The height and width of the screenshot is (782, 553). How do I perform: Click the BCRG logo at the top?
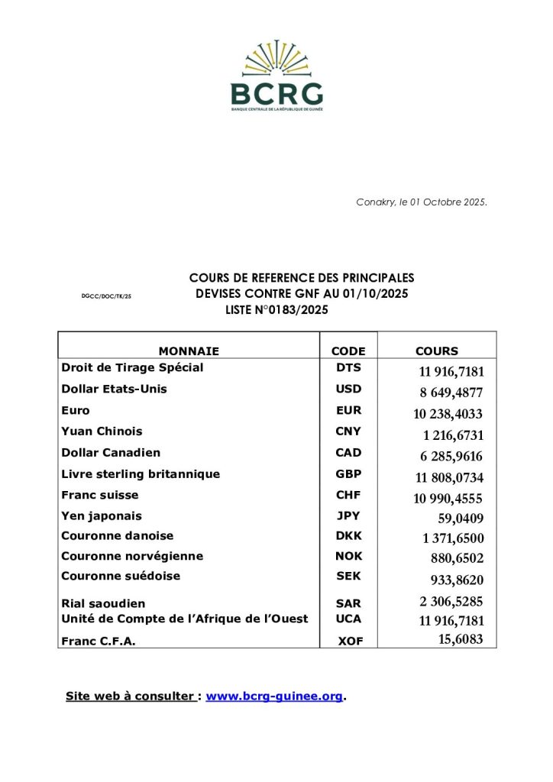pyautogui.click(x=276, y=76)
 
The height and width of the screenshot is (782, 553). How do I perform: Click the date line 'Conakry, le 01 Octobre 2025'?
pyautogui.click(x=421, y=202)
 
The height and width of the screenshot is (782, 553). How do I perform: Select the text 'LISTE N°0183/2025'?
pyautogui.click(x=277, y=309)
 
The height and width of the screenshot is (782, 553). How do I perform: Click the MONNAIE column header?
pyautogui.click(x=189, y=351)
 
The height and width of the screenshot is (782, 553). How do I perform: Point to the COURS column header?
pyautogui.click(x=437, y=351)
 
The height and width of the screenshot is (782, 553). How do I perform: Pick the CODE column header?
pyautogui.click(x=348, y=351)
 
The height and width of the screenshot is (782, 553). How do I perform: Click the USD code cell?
pyautogui.click(x=348, y=389)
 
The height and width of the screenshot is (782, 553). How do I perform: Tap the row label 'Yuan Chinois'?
pyautogui.click(x=102, y=431)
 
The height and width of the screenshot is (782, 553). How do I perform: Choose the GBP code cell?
pyautogui.click(x=348, y=473)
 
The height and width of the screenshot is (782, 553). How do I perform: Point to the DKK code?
pyautogui.click(x=348, y=536)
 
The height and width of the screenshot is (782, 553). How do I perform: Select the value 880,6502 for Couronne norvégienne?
pyautogui.click(x=456, y=559)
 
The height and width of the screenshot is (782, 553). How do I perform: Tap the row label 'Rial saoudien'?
pyautogui.click(x=103, y=603)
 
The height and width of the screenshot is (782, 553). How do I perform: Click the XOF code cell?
pyautogui.click(x=350, y=642)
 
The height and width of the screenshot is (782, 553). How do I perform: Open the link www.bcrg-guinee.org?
pyautogui.click(x=274, y=696)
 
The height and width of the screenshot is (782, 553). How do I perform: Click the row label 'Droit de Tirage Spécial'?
pyautogui.click(x=132, y=367)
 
